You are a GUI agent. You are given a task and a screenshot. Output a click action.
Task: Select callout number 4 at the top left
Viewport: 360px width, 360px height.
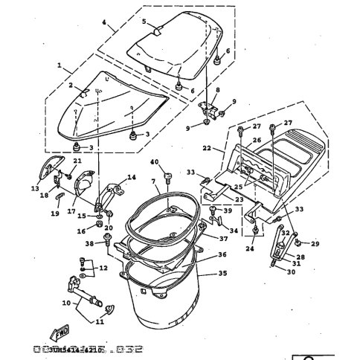click(104, 25)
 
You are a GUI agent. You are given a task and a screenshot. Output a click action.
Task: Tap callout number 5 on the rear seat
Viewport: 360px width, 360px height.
click(144, 22)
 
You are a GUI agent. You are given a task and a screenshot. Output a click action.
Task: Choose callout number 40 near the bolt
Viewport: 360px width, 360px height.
click(155, 162)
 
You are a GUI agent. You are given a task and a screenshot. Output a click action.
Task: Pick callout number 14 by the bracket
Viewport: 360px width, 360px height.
click(132, 177)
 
